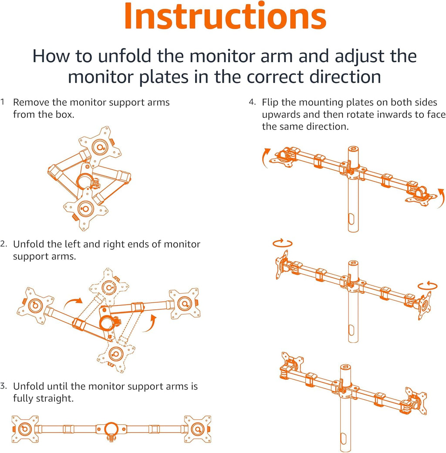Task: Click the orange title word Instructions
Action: (225, 16)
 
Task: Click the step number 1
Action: (3, 103)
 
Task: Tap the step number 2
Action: (4, 244)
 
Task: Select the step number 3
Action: (4, 386)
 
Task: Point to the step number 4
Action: (252, 103)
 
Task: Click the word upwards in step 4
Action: (281, 115)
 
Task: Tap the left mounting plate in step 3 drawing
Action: (25, 429)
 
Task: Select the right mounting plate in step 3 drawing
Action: (198, 429)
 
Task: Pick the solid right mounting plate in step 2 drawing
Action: (184, 303)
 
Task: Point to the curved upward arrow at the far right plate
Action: (441, 195)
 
